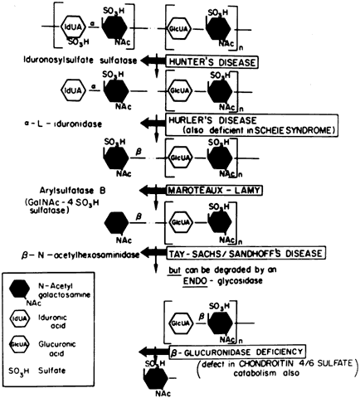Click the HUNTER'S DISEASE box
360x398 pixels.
point(212,62)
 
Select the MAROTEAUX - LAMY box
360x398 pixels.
point(214,190)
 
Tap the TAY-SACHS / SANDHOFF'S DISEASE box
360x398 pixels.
point(246,253)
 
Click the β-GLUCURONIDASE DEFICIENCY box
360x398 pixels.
point(237,352)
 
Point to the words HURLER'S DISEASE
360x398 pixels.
point(212,120)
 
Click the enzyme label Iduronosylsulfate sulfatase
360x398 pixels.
point(80,61)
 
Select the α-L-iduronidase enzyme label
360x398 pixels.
point(63,124)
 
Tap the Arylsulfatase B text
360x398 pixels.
point(72,191)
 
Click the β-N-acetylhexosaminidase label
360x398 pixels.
point(80,255)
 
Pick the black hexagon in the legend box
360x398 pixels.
point(19,289)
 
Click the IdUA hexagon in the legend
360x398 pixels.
point(19,318)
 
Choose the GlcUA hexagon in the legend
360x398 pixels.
point(19,344)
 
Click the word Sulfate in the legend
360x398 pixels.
point(52,371)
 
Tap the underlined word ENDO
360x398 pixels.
point(195,281)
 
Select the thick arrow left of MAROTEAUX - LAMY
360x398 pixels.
point(153,190)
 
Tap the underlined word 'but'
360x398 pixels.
point(175,269)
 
